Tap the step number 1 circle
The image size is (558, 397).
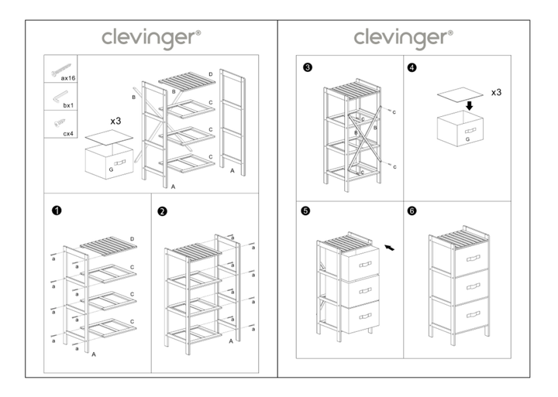(56, 210)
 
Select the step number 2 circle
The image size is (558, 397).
(162, 210)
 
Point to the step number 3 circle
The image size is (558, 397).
(308, 68)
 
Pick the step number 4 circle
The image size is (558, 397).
(412, 68)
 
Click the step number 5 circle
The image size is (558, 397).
(307, 210)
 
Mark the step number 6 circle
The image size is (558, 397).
(412, 210)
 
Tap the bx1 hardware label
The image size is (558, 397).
(67, 104)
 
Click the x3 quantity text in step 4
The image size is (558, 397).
(496, 92)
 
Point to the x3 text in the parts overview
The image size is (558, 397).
(115, 121)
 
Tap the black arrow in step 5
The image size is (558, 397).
(394, 245)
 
